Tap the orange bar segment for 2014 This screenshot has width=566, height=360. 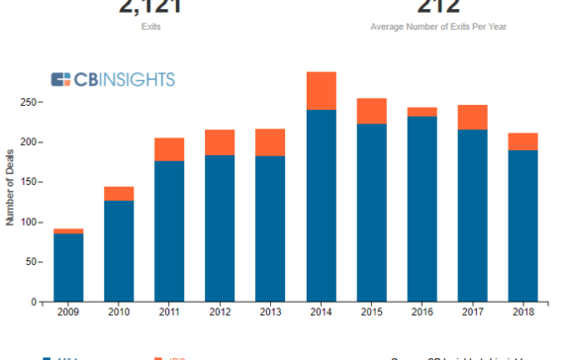(321, 91)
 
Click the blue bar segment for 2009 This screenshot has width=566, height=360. (68, 267)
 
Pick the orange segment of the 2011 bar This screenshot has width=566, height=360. (169, 149)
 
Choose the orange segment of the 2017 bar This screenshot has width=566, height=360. (472, 118)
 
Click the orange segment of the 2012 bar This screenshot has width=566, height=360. (220, 142)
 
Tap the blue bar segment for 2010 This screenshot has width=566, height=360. (119, 251)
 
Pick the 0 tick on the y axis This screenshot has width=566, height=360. (32, 302)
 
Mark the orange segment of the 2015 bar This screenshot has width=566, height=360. (371, 111)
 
